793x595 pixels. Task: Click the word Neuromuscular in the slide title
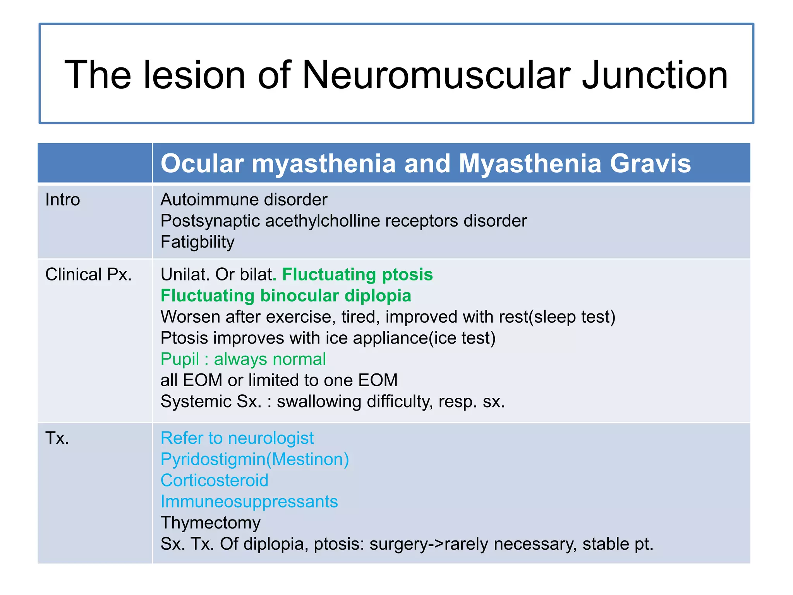(436, 75)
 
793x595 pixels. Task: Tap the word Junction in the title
(654, 75)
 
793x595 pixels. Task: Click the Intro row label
(63, 200)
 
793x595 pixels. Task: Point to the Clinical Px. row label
(89, 275)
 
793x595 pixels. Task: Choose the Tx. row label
(57, 438)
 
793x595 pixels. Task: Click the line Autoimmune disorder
(244, 200)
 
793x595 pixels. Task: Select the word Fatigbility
(197, 242)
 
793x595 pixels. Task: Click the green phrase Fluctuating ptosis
(357, 275)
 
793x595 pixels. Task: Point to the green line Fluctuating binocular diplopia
(286, 296)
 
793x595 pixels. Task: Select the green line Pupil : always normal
(243, 359)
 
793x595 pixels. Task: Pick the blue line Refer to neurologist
(237, 438)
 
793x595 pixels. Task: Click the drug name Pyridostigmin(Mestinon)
(255, 459)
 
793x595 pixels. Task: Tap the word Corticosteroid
(215, 480)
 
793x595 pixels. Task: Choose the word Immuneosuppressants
(249, 502)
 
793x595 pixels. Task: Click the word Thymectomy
(211, 523)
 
